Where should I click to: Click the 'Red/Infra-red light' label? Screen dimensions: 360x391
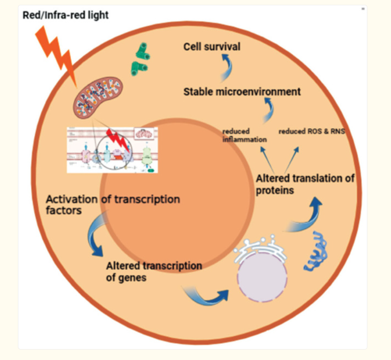coord(66,15)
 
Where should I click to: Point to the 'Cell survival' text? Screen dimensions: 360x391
coord(212,46)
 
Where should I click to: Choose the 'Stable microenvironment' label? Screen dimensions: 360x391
coord(242,92)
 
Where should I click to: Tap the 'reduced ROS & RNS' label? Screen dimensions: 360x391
coord(312,131)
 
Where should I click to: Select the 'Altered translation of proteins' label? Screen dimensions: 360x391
coord(305,184)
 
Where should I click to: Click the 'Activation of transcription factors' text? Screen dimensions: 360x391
coord(113,205)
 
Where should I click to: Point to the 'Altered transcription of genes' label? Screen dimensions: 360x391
coord(154,271)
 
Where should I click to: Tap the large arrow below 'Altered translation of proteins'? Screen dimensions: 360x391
coord(306,217)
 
